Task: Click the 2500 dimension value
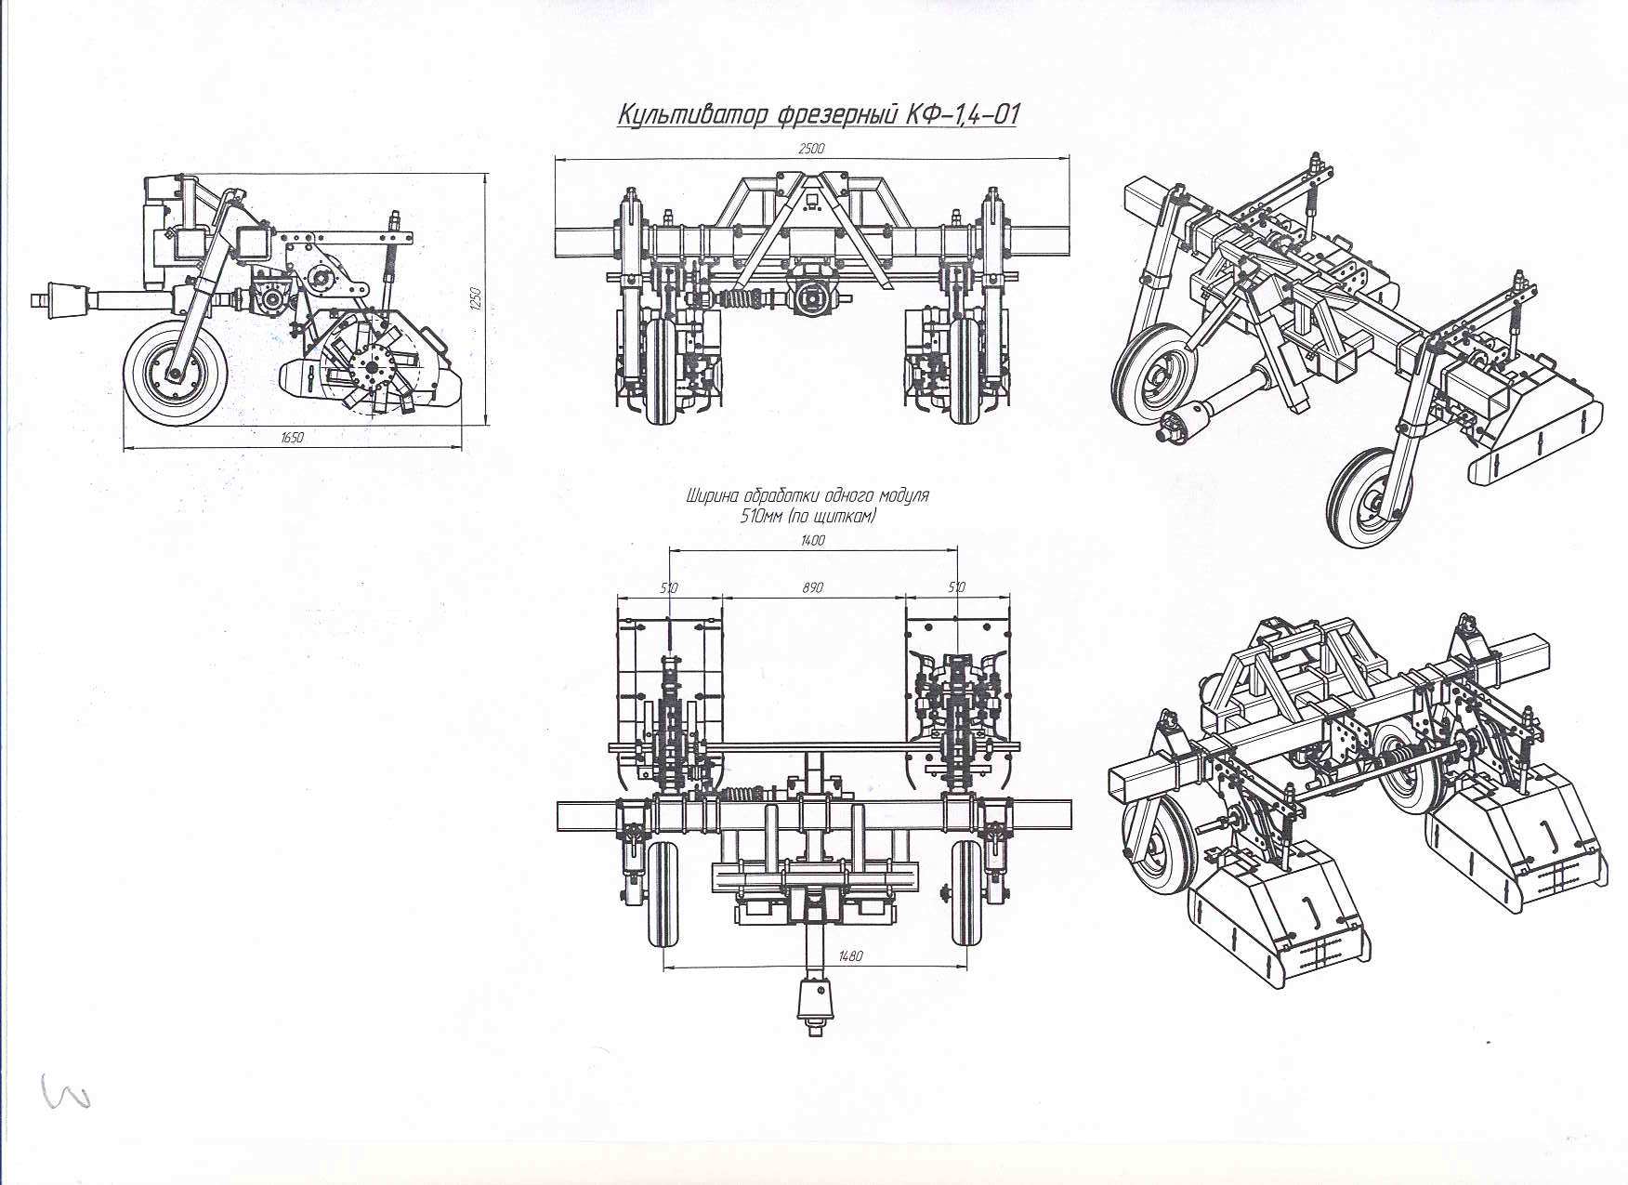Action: coord(810,148)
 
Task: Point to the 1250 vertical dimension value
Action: coord(475,299)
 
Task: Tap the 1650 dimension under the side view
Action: coord(292,438)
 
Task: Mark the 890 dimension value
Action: coord(812,587)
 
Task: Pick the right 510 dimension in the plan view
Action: coord(957,587)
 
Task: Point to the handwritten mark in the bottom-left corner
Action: coord(67,1091)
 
